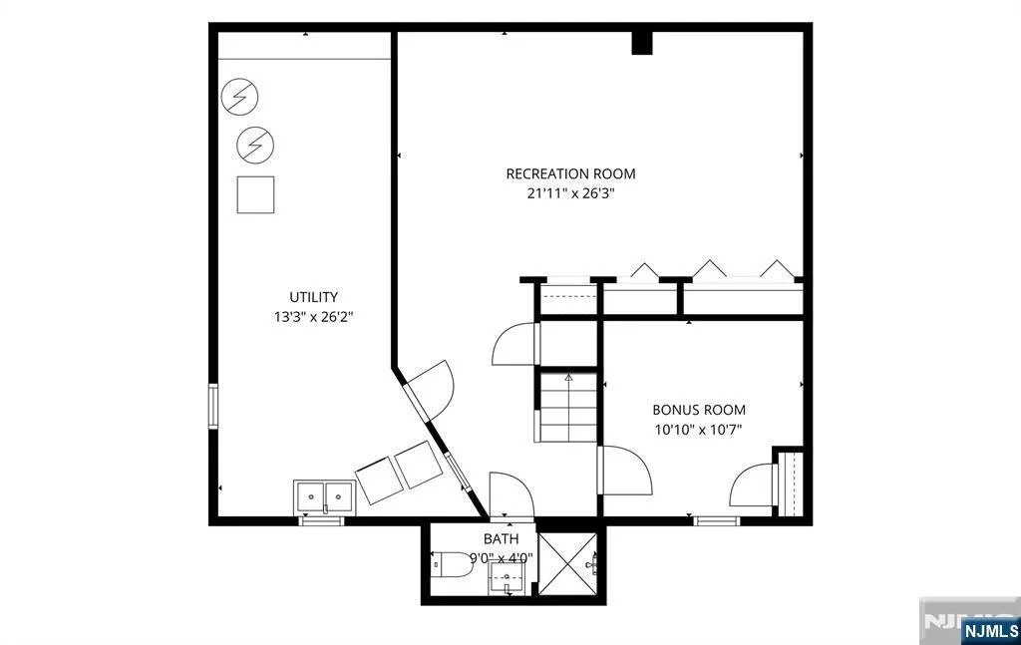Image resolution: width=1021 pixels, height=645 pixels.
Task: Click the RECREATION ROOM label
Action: coord(570,173)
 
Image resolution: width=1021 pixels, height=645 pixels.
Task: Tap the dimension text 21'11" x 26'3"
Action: coord(570,193)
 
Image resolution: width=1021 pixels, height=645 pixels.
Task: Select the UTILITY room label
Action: coord(314,297)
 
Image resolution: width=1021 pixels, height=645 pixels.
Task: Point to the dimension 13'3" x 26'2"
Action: coord(314,317)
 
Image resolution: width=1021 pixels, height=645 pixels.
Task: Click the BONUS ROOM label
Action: coord(699,410)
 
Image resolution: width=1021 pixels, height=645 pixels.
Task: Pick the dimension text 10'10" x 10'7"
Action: coord(699,430)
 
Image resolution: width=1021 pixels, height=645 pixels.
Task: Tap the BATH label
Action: coord(502,539)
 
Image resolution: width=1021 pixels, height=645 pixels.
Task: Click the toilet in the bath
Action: coord(453,563)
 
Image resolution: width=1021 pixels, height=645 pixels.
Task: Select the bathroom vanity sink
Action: coord(507,578)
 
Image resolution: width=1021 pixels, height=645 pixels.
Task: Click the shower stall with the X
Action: coord(567,563)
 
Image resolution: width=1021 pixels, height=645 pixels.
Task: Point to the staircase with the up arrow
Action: coord(568,408)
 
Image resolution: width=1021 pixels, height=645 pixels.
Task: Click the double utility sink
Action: coord(324,498)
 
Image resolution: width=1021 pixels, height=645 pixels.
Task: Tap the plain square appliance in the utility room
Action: coord(255,194)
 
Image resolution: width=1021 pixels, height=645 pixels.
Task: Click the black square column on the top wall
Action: coord(642,43)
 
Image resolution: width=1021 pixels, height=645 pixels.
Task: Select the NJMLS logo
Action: coord(990,630)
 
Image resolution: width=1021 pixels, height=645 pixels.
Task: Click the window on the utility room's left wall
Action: coord(213,407)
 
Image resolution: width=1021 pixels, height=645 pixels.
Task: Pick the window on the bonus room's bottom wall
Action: coord(716,520)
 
